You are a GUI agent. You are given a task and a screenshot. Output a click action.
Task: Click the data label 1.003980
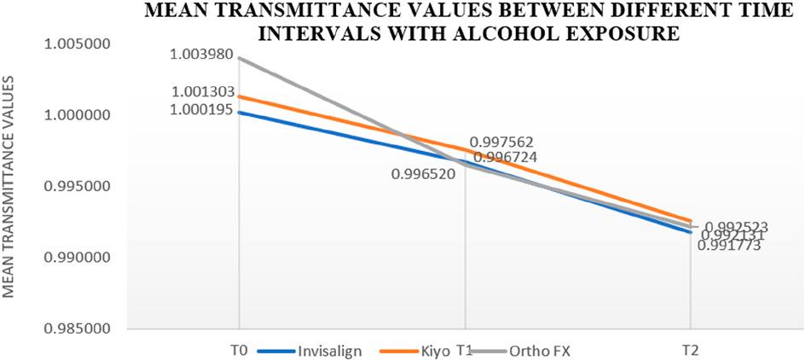tap(200, 55)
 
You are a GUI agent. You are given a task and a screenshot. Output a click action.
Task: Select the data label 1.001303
tap(200, 91)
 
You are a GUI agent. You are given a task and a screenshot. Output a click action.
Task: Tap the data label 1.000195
tap(200, 109)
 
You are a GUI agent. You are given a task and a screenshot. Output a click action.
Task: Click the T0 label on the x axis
tap(238, 349)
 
